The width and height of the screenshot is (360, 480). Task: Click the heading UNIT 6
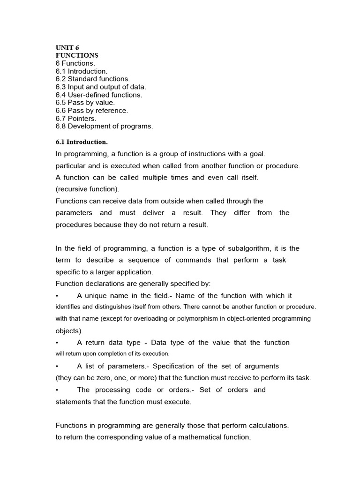click(67, 48)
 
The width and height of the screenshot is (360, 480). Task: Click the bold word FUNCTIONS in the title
click(77, 55)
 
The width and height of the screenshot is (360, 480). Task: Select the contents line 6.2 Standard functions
click(92, 79)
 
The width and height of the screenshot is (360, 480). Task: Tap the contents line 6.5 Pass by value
click(85, 103)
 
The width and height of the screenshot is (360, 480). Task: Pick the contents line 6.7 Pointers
click(76, 118)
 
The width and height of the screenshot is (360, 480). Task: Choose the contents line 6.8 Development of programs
click(104, 126)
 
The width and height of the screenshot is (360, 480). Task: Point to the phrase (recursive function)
click(88, 189)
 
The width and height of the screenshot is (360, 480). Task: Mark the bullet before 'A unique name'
click(57, 296)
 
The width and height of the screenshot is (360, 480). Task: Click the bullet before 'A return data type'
click(57, 343)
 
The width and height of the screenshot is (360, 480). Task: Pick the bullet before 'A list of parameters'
click(57, 366)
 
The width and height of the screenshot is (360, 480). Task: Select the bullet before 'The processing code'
click(57, 390)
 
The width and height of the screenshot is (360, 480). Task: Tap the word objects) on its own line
click(69, 331)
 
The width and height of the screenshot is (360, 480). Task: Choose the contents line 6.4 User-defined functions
click(98, 95)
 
